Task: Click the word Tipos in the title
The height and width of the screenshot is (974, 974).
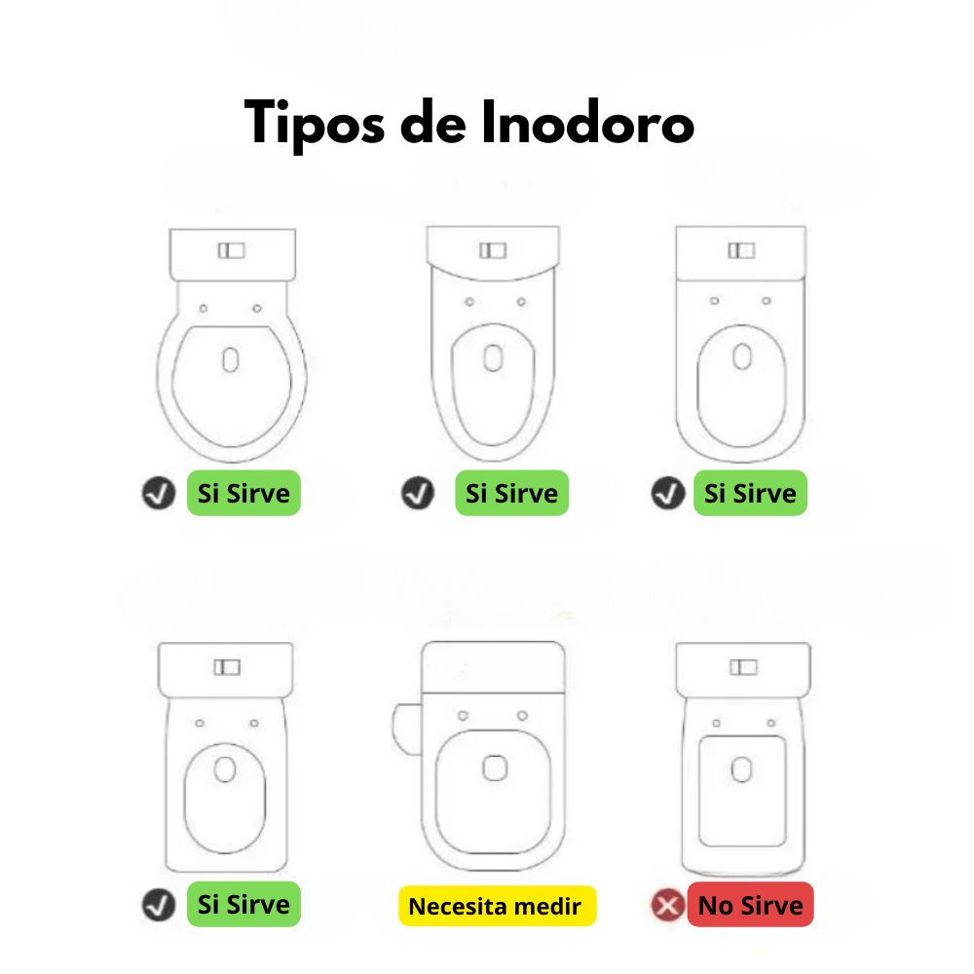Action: click(x=315, y=124)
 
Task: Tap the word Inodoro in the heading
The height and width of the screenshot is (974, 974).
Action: click(x=587, y=123)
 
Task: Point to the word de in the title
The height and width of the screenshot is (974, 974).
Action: click(x=433, y=123)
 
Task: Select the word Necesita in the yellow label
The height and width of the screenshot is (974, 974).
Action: click(x=457, y=906)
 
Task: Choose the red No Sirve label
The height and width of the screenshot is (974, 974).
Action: click(x=750, y=905)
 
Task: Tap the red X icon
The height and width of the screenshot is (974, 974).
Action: click(x=668, y=905)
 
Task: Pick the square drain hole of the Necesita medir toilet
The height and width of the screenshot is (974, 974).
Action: click(x=495, y=768)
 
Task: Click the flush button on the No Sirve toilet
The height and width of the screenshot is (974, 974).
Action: click(x=743, y=667)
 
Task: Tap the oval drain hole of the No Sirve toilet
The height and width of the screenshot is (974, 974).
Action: click(x=741, y=769)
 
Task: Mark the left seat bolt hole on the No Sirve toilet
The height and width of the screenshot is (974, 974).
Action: click(x=716, y=723)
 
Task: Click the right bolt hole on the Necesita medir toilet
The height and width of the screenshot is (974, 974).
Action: click(x=522, y=716)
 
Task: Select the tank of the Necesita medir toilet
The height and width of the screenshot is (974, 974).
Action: click(x=493, y=667)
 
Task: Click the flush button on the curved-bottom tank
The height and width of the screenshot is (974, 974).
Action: click(x=493, y=250)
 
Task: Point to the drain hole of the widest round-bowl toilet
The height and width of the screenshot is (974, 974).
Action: click(x=231, y=359)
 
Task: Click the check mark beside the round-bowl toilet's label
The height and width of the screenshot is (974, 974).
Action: click(x=159, y=493)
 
